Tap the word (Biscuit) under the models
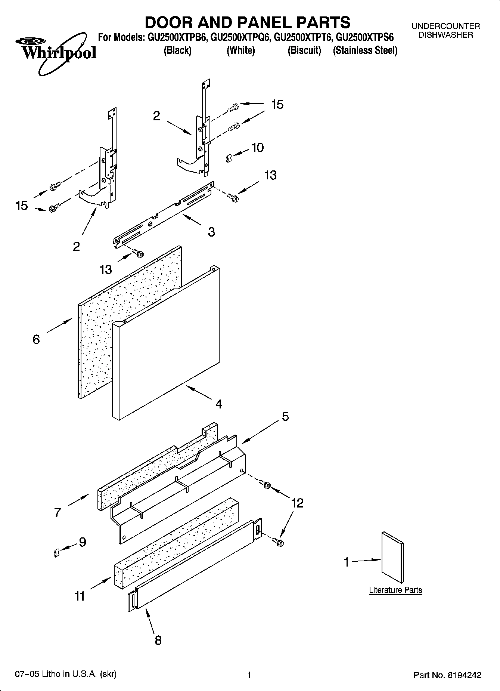click(x=304, y=50)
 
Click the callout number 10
click(x=257, y=148)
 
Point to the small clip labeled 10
click(x=229, y=158)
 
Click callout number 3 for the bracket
click(x=211, y=232)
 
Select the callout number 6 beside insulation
click(x=36, y=339)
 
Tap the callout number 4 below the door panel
click(x=219, y=404)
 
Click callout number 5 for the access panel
click(x=285, y=416)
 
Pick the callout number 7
click(x=57, y=512)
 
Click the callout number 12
click(x=297, y=503)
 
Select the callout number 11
click(x=80, y=596)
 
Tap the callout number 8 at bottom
click(x=158, y=640)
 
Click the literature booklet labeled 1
click(x=392, y=557)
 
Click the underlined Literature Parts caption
click(x=395, y=590)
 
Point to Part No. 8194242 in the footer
click(x=447, y=675)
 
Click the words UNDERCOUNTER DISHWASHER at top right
click(x=445, y=31)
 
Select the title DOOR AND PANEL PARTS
click(x=248, y=22)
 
